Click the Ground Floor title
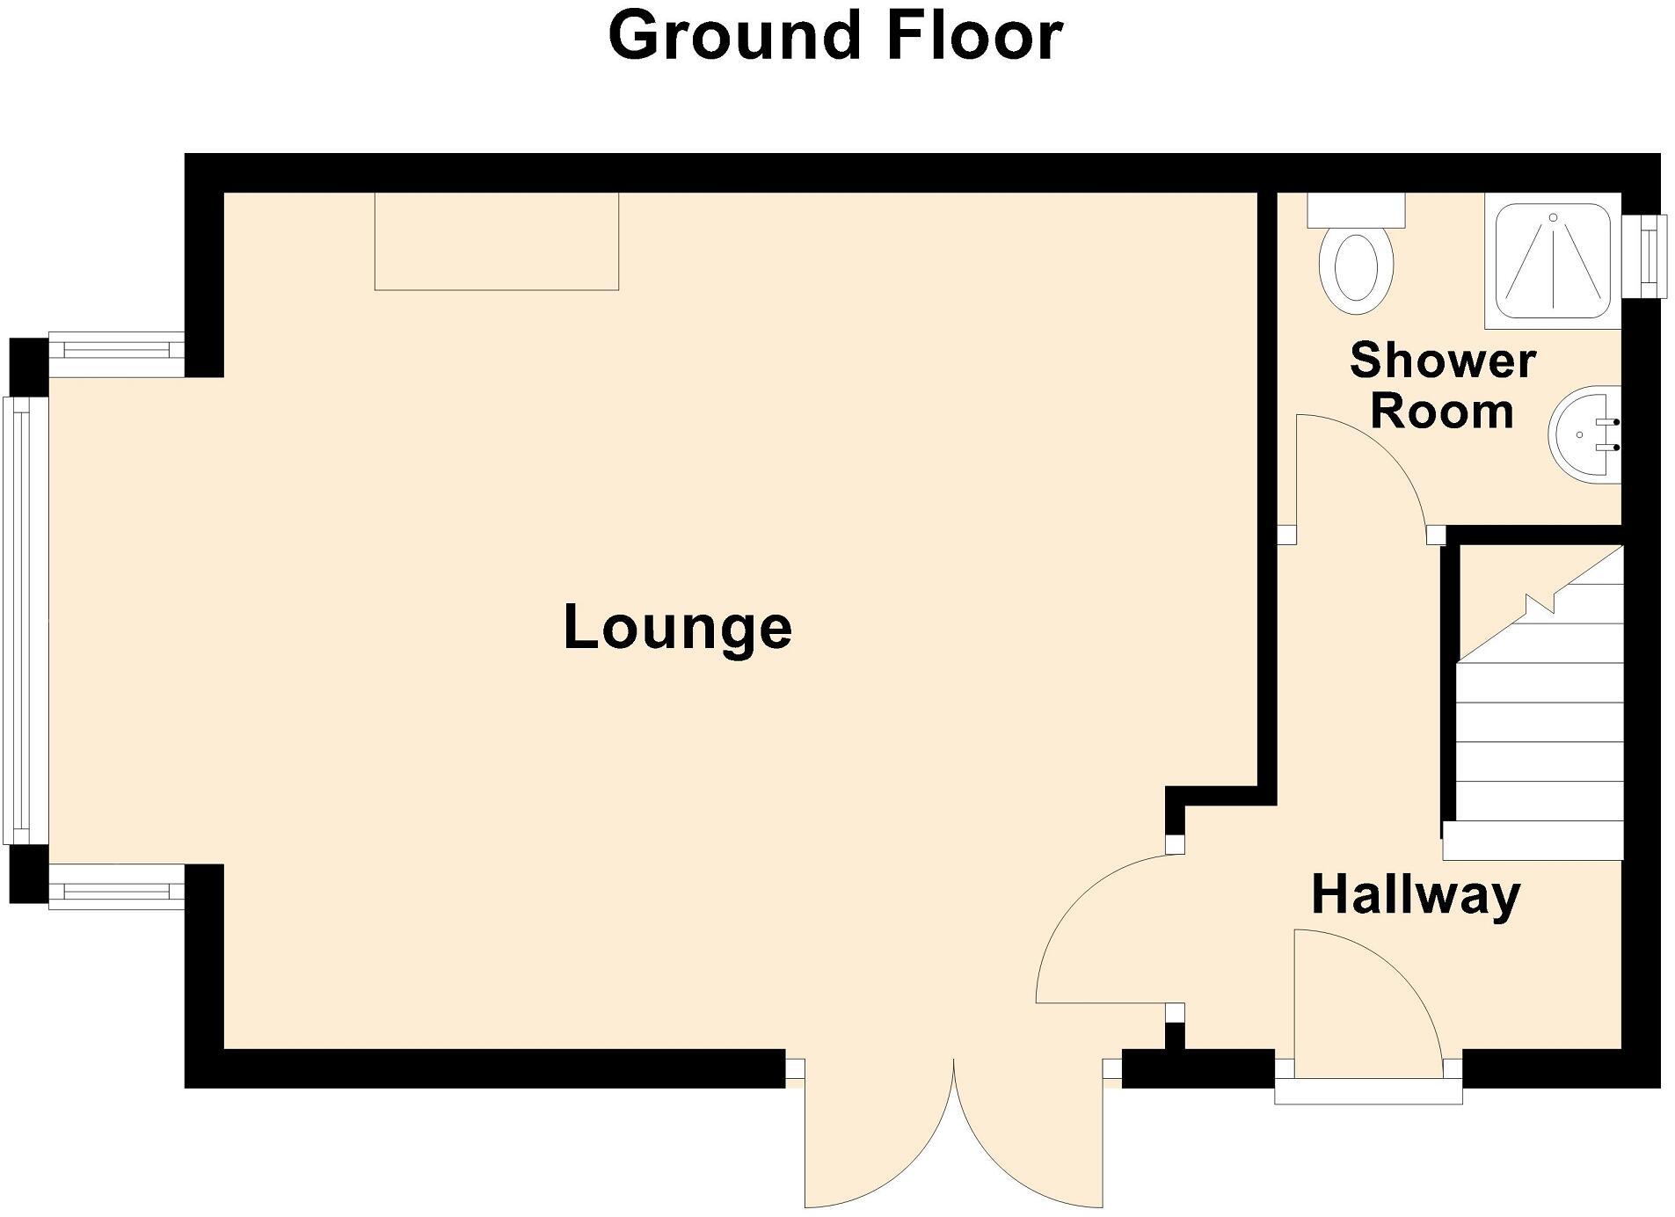[x=835, y=37]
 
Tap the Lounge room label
[x=677, y=628]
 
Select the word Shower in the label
[x=1442, y=361]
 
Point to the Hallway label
[x=1416, y=895]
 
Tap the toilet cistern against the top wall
[x=1356, y=210]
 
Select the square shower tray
[x=1552, y=260]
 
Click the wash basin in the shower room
[x=1583, y=435]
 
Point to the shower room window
[x=1644, y=256]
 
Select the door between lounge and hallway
[x=1108, y=932]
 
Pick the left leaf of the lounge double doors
[x=879, y=1134]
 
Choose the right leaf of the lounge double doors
[x=1029, y=1134]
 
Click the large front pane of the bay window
[x=25, y=620]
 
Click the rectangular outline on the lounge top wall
[x=496, y=241]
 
